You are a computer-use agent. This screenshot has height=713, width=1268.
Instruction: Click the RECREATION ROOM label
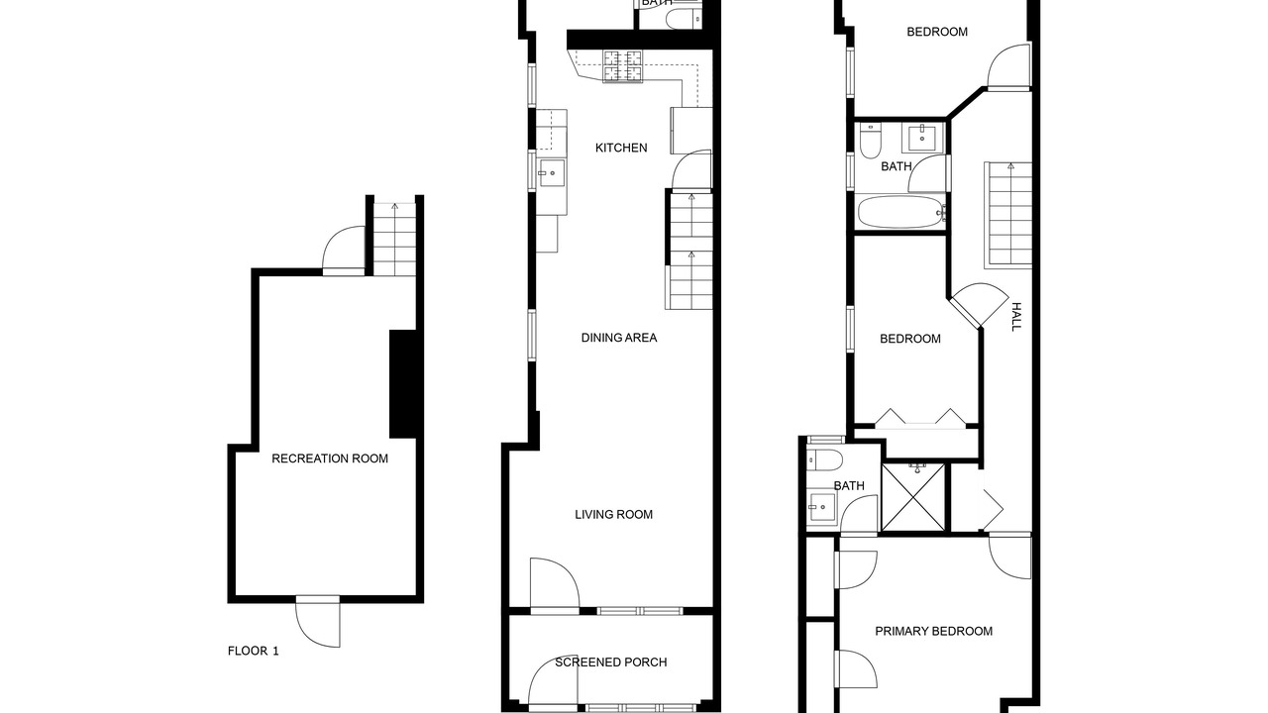[x=330, y=458]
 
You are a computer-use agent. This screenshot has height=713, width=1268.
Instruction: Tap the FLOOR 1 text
[x=253, y=651]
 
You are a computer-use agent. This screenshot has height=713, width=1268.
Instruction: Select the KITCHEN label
[x=621, y=148]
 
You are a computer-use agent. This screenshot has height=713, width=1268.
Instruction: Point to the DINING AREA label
[x=619, y=338]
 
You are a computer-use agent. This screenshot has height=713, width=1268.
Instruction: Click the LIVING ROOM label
[x=613, y=514]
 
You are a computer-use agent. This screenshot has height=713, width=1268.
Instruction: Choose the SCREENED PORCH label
[x=611, y=662]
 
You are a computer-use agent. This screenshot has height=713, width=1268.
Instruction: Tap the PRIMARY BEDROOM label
[x=933, y=631]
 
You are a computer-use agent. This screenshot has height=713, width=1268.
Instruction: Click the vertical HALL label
[x=1016, y=317]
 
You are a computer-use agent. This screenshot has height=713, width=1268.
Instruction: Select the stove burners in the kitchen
[x=623, y=66]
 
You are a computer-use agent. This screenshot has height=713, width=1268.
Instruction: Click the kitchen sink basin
[x=551, y=172]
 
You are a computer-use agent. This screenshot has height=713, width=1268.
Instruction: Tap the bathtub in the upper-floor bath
[x=900, y=212]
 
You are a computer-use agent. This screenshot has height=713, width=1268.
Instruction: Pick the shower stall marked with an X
[x=913, y=497]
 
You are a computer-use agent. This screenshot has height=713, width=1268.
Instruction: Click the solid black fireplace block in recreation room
[x=403, y=383]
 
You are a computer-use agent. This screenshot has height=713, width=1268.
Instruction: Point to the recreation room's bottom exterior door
[x=318, y=621]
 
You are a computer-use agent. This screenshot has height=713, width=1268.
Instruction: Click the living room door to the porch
[x=555, y=583]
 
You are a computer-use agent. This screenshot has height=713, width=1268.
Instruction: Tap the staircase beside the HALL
[x=1007, y=215]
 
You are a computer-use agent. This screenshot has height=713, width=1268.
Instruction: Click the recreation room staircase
[x=394, y=240]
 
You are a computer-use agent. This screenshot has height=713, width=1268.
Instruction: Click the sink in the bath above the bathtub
[x=922, y=138]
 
